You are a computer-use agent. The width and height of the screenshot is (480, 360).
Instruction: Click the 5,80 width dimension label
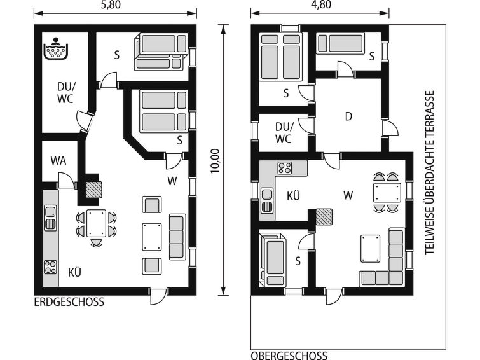tap(111, 5)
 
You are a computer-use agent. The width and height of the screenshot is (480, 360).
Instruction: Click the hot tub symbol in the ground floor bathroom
tap(55, 49)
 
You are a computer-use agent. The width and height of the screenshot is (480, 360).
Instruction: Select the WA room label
tap(58, 160)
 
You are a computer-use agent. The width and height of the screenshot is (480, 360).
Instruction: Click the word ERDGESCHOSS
tap(69, 302)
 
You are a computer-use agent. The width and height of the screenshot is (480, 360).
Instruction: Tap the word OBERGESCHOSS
tap(289, 356)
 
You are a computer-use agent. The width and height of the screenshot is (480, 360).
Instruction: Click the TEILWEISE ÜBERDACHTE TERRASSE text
tap(429, 172)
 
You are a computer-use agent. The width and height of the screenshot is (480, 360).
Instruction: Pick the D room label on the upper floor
tap(348, 116)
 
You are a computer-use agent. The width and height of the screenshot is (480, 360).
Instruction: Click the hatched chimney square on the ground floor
tap(93, 190)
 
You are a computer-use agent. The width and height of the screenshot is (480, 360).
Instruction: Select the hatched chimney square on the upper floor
tap(324, 217)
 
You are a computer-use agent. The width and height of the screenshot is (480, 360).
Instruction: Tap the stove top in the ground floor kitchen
tap(50, 267)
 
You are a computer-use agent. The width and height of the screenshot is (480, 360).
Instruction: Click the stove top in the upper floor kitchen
tap(285, 168)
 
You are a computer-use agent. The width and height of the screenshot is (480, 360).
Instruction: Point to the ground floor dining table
tap(96, 223)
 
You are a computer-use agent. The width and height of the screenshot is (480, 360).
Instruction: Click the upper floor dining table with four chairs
tap(387, 193)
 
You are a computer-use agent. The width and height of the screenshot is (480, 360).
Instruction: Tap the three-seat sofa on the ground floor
tap(177, 237)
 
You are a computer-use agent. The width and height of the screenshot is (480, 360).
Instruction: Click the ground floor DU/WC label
tap(65, 92)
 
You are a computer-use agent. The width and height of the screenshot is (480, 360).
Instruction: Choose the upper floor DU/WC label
tap(284, 133)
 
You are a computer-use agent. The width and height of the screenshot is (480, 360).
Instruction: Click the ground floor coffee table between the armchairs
tap(152, 237)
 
